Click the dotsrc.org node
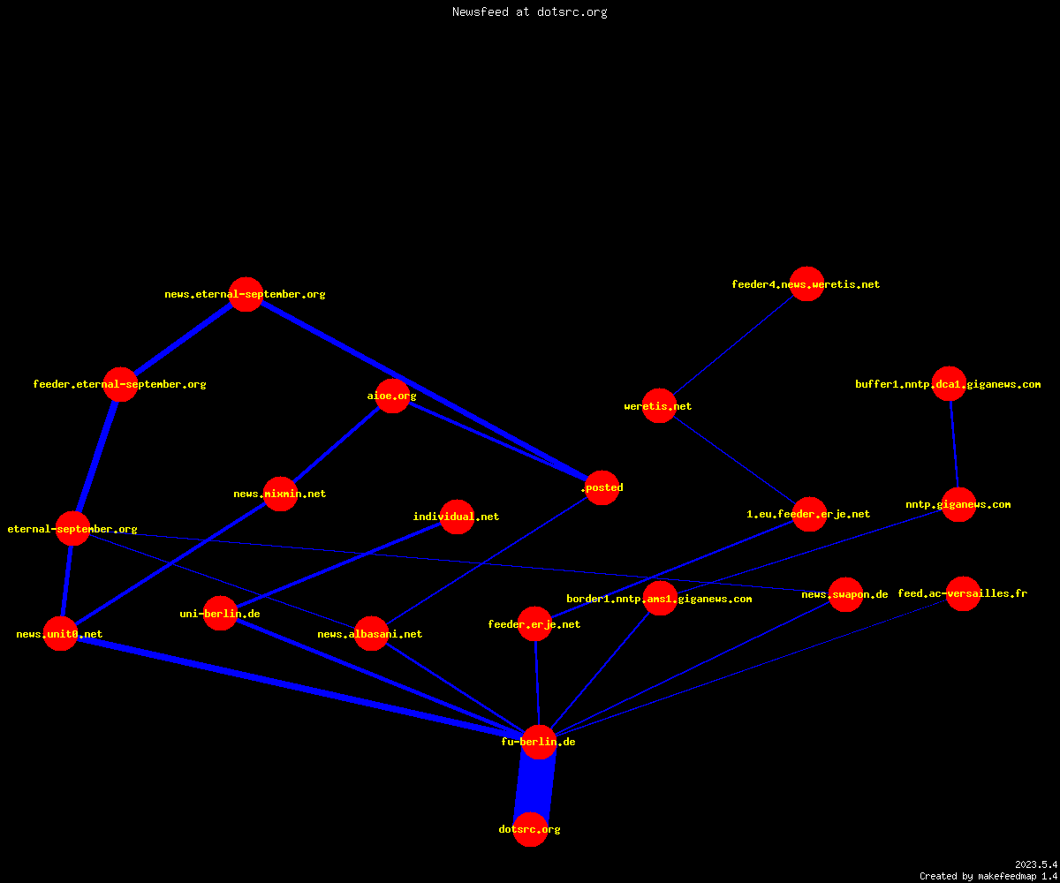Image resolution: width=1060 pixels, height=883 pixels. [530, 829]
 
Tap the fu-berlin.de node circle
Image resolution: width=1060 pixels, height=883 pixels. [539, 742]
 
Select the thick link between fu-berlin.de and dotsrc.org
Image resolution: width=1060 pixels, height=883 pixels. [534, 786]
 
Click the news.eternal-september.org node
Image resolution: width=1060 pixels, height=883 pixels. [246, 294]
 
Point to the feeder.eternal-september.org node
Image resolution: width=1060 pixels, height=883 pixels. [120, 384]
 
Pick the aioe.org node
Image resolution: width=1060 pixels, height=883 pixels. [392, 396]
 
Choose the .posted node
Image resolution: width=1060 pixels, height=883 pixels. [602, 487]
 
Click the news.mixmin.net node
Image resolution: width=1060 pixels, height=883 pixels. [280, 494]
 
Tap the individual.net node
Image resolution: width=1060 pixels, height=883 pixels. [457, 517]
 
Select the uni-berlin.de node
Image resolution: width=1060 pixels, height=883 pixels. [220, 614]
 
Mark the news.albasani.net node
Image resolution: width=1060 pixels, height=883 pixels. [371, 633]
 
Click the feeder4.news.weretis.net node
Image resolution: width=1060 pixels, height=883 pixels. [806, 283]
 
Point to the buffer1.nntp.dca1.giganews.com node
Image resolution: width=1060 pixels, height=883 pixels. [949, 383]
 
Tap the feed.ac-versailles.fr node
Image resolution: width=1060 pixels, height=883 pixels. [963, 593]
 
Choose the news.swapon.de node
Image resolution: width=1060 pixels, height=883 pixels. [845, 594]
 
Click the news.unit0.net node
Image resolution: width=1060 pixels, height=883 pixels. [60, 633]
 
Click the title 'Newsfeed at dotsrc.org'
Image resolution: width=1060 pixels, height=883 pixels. [529, 11]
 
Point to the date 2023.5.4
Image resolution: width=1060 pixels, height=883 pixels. [1035, 864]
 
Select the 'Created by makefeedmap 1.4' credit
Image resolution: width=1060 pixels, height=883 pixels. [988, 876]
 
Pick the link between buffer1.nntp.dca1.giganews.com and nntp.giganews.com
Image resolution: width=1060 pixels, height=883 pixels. [954, 444]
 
